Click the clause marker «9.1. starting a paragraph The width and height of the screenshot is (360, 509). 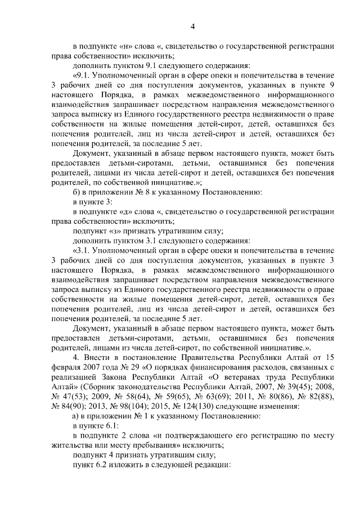[82, 75]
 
